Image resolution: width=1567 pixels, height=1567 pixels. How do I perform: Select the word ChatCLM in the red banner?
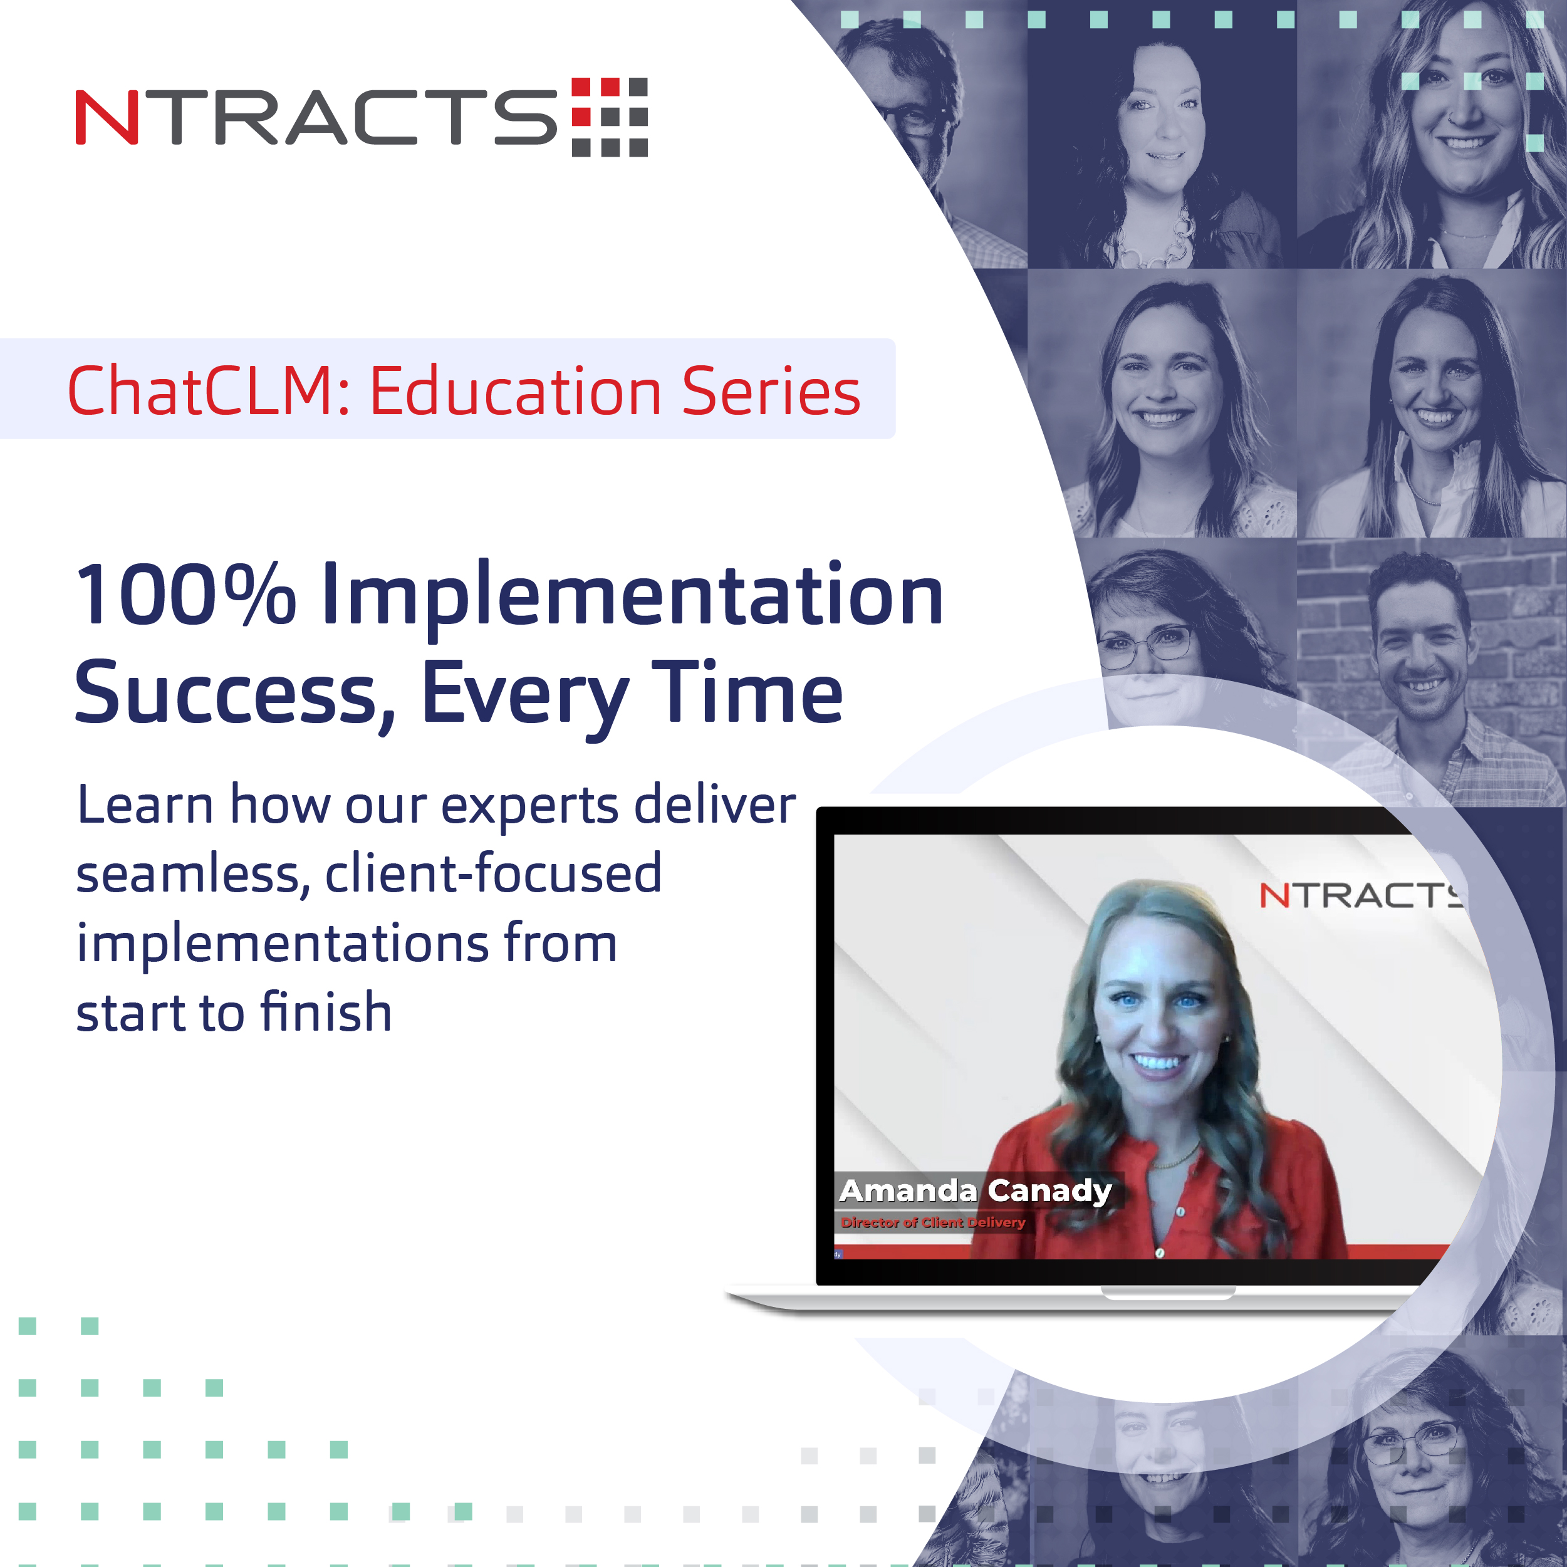point(207,391)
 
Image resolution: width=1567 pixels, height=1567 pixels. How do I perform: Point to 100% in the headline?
point(185,596)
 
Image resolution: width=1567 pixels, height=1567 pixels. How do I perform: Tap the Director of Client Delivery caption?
point(933,1222)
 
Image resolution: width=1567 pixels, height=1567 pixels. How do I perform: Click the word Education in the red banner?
point(516,391)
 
